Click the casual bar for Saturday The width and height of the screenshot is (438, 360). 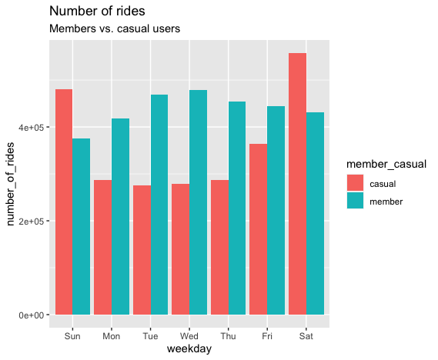tap(297, 184)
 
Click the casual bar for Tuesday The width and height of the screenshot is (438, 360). tap(142, 250)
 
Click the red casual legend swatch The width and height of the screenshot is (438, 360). tap(355, 184)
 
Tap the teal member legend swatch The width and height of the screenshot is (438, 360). tap(355, 202)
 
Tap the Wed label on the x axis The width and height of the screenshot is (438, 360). tap(189, 335)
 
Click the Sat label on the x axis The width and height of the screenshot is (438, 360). tap(306, 335)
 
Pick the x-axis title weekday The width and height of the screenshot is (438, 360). tap(189, 349)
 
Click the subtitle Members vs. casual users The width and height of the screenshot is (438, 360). tap(115, 28)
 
